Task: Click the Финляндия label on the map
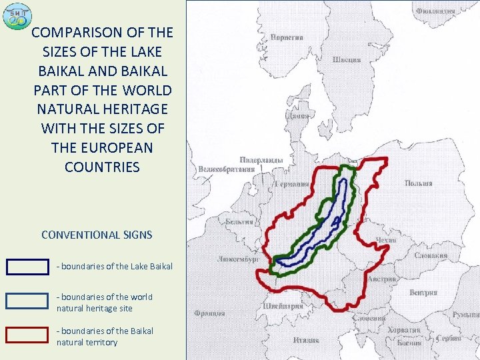coord(435,11)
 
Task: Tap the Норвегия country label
coord(287,37)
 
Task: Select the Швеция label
coord(347,59)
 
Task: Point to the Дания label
coord(297,115)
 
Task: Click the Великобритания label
coord(226,169)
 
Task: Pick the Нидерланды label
coord(261,160)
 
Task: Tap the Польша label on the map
coord(418,183)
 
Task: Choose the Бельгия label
coord(239,221)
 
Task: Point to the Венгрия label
coord(423,293)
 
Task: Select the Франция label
coord(209,313)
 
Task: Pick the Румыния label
coord(465,314)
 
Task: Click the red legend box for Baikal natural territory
coord(27,335)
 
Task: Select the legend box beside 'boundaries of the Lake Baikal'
coord(27,267)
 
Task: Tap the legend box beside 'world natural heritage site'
coord(27,301)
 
